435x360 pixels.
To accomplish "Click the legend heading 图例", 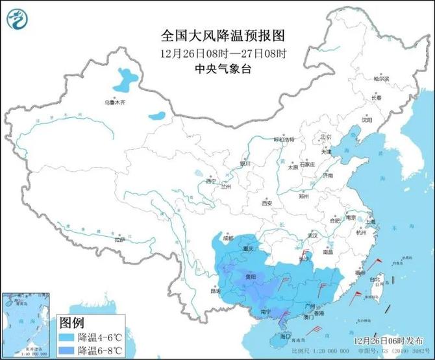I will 71,323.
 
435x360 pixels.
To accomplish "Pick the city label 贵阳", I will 250,276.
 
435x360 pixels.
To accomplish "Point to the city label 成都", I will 225,238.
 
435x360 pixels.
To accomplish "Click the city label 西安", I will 267,203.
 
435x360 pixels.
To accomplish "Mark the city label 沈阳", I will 368,119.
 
